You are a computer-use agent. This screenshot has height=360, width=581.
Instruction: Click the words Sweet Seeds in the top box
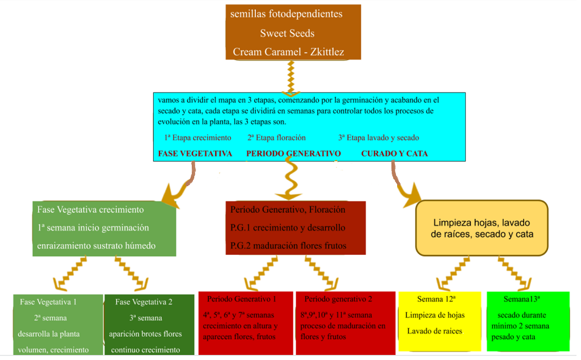coord(287,33)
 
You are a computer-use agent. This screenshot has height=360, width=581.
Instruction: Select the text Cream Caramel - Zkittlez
coord(288,52)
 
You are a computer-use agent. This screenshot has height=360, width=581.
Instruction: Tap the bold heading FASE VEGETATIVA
coord(195,154)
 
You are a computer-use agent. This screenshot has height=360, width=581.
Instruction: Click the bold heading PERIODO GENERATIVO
coord(293,154)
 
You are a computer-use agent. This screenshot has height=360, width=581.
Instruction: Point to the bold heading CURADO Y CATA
coord(394,154)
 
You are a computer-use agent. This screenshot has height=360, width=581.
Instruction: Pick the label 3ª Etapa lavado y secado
coord(378,138)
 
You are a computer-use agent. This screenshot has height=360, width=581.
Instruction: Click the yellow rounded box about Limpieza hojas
coord(482,228)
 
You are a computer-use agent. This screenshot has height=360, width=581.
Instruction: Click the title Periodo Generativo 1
coord(241,299)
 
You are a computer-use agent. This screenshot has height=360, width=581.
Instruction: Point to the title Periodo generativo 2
coord(338,299)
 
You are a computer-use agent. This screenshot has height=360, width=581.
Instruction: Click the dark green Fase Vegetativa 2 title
coord(144,302)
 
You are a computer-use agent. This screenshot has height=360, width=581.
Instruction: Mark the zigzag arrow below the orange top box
coord(291,77)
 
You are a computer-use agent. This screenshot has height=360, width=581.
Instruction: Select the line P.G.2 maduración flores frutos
coord(288,246)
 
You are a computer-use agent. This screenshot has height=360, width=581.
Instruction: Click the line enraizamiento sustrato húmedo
coord(96,246)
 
